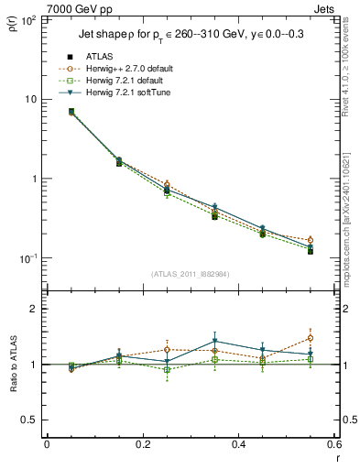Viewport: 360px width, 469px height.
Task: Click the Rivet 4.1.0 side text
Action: pyautogui.click(x=351, y=78)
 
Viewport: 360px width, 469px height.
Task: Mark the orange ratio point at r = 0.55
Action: pyautogui.click(x=311, y=338)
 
